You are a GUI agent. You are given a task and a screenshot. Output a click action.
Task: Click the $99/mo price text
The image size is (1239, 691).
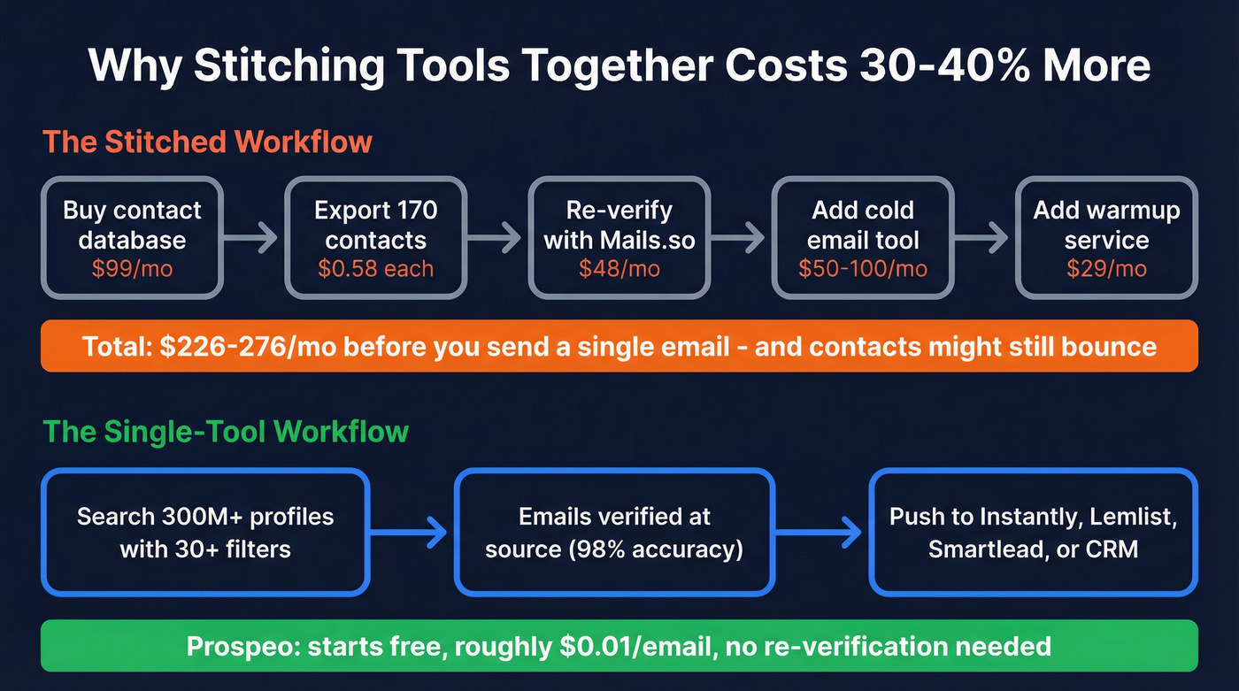(132, 269)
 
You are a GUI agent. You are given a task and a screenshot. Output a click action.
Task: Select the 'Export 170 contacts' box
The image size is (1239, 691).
(375, 237)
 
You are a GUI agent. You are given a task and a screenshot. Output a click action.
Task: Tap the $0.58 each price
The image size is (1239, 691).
(375, 269)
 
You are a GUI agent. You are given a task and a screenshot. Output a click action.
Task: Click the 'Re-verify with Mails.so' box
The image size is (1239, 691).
(619, 237)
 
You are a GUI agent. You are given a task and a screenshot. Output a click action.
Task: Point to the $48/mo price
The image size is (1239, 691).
(619, 269)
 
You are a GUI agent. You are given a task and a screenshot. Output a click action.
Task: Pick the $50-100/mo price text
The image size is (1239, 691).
(863, 269)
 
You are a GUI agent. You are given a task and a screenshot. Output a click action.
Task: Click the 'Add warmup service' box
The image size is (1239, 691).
(1106, 237)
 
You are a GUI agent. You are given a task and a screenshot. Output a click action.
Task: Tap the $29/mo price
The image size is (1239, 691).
(1106, 269)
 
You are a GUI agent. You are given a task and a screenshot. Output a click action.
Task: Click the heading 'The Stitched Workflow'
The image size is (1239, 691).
(207, 142)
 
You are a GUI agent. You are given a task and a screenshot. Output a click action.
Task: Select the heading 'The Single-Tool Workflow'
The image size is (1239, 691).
(226, 431)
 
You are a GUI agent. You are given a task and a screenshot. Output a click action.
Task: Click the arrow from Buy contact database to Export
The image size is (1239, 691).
(251, 237)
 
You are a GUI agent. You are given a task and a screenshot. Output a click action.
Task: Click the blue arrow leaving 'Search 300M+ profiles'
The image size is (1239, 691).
(409, 533)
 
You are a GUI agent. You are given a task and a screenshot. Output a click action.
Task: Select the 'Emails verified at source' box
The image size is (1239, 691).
(614, 533)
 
